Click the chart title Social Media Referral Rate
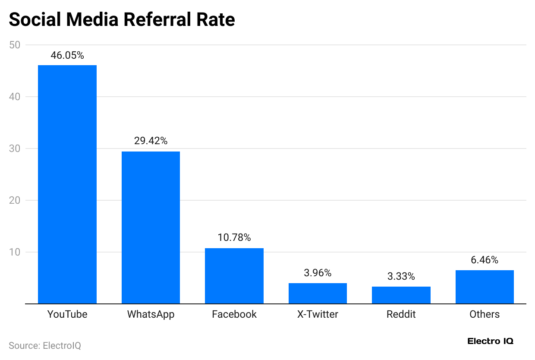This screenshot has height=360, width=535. (x=122, y=20)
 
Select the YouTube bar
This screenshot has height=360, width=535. (x=67, y=184)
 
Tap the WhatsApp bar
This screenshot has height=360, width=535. (x=151, y=227)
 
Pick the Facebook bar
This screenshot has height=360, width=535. (x=234, y=276)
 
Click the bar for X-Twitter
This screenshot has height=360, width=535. (x=318, y=294)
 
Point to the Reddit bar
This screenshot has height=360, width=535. (x=401, y=295)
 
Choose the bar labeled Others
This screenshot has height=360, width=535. (x=485, y=287)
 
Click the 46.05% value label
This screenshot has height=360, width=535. (x=67, y=55)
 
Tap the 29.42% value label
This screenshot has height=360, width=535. (x=151, y=141)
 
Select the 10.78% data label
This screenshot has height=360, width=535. (x=234, y=238)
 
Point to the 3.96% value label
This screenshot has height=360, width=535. (x=318, y=273)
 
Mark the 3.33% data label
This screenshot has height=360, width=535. (x=401, y=276)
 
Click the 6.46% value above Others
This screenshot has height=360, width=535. (x=485, y=260)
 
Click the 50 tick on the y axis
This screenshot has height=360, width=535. (x=15, y=45)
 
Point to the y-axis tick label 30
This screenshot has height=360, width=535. (x=15, y=148)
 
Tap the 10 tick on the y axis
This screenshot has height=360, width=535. (x=15, y=252)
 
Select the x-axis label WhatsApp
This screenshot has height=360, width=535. (x=151, y=314)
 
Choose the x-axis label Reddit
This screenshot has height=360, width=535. (x=401, y=314)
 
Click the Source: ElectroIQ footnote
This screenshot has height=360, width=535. (x=45, y=346)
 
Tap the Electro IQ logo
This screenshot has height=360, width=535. (x=491, y=341)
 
